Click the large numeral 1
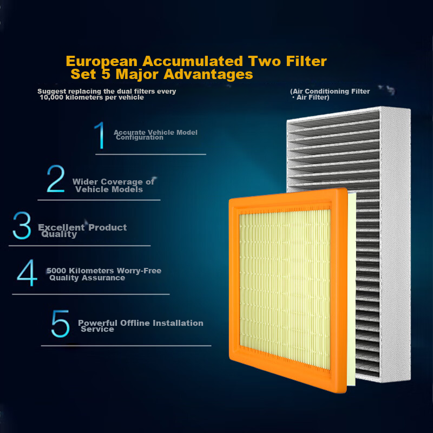point(100,135)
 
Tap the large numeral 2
point(55,180)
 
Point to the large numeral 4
point(27,273)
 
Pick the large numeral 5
point(60,323)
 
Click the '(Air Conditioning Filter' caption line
point(330,91)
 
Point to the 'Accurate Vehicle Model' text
point(155,133)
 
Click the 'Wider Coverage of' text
point(113,182)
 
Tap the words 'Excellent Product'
point(82,227)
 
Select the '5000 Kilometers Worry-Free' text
point(104,271)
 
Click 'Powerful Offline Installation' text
point(141,323)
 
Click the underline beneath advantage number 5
point(126,345)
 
